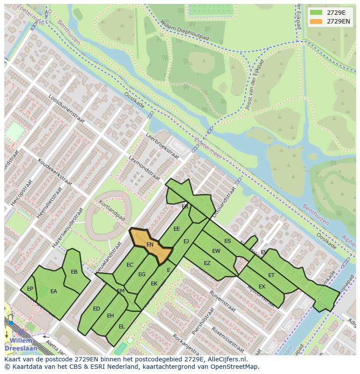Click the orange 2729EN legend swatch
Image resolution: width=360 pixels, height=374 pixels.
click(316, 21)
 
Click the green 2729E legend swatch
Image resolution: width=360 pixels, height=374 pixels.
click(316, 12)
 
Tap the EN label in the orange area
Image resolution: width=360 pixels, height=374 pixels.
click(150, 245)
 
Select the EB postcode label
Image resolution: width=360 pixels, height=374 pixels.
click(74, 272)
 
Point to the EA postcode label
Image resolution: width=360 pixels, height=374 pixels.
click(54, 291)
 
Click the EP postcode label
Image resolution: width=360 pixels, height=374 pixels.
click(30, 288)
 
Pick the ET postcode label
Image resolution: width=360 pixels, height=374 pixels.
click(271, 275)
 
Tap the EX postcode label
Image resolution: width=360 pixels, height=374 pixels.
click(262, 286)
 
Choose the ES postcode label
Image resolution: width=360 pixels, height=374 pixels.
click(227, 241)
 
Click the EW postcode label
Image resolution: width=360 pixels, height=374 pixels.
click(216, 251)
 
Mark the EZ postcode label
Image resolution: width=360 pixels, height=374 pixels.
click(207, 263)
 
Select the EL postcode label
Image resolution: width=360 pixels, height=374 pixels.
click(122, 326)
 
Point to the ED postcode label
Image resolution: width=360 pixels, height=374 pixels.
click(97, 309)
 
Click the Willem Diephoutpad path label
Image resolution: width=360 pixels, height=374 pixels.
click(184, 30)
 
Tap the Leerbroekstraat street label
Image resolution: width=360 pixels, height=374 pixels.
click(162, 146)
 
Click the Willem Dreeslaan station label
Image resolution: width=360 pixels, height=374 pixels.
click(21, 344)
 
